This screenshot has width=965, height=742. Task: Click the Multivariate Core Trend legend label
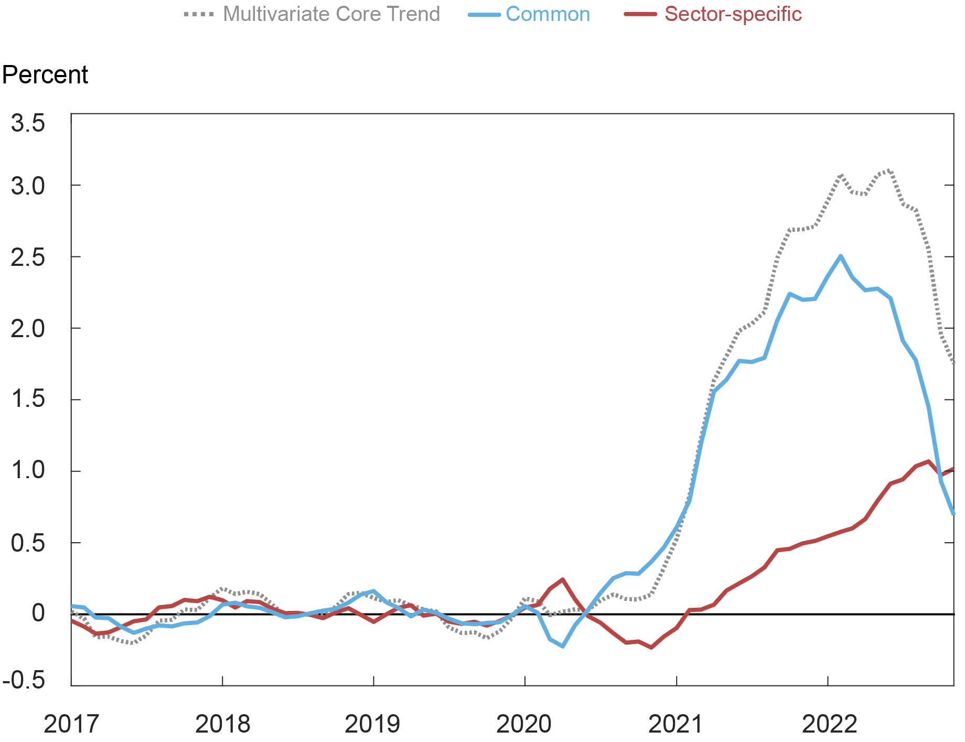tap(331, 14)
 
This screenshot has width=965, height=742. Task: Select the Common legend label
tap(548, 14)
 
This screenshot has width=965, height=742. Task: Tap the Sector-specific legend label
tap(733, 14)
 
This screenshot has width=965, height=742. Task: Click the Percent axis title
tap(45, 75)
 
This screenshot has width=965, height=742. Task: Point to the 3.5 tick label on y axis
tap(28, 124)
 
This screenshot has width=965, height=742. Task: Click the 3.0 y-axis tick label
tap(28, 186)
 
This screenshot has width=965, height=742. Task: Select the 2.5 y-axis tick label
tap(28, 257)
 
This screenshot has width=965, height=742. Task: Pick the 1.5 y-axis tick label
tap(28, 400)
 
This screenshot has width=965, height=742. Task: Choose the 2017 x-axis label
tap(71, 724)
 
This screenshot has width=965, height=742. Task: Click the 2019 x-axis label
tap(372, 724)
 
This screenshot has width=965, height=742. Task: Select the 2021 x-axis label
tap(676, 724)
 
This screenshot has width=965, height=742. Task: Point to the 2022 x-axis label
tap(829, 724)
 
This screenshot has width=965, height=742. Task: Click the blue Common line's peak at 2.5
tap(841, 256)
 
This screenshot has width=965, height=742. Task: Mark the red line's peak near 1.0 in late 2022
tap(928, 461)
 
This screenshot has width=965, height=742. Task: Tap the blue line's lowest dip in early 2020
tap(563, 646)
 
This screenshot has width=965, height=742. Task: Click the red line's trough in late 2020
tap(651, 647)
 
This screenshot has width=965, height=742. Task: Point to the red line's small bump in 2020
tap(562, 580)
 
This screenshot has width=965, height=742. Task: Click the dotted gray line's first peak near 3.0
tap(841, 176)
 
